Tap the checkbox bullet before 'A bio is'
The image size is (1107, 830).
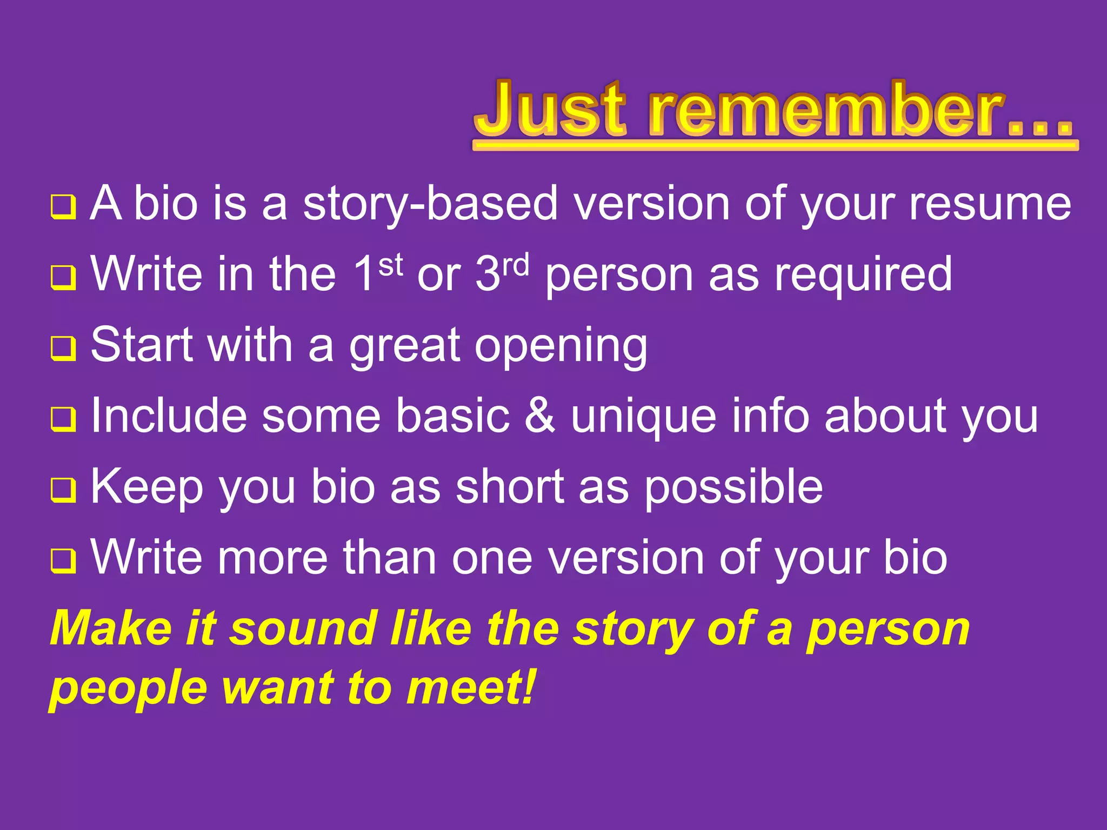(x=63, y=207)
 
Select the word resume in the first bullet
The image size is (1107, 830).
(x=990, y=204)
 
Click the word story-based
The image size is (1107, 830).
(x=430, y=204)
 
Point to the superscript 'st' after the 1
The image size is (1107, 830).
(x=390, y=265)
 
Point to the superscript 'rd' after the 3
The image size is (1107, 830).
(x=516, y=265)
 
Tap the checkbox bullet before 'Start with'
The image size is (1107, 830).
(x=63, y=349)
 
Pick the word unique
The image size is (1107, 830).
(x=644, y=416)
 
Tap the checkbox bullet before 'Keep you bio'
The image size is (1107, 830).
(x=63, y=490)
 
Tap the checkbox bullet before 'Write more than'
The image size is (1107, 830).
(x=63, y=561)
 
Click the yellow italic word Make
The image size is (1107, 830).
(x=111, y=628)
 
